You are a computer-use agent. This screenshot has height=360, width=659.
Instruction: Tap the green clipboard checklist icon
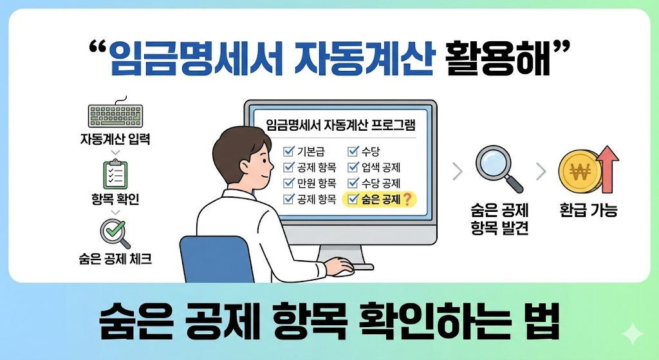115,175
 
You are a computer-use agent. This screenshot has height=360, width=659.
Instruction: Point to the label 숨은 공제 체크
115,261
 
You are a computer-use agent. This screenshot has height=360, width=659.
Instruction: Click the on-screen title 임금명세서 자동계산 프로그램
341,124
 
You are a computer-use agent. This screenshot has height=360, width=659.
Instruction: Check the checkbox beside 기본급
288,152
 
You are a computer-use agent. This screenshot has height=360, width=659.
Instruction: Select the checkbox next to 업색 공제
353,167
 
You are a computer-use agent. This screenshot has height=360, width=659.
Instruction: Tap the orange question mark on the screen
406,200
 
